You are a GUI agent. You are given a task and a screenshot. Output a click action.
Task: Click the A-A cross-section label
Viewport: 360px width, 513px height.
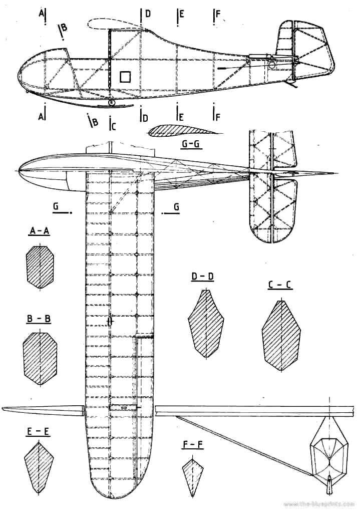[39, 231]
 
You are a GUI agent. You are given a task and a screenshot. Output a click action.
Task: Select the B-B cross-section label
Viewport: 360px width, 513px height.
[39, 319]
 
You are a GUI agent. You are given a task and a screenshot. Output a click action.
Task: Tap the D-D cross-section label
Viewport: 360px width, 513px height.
[203, 277]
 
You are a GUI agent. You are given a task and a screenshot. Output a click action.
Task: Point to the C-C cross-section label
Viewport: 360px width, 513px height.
[280, 285]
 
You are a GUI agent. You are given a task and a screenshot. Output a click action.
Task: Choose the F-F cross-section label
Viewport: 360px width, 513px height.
[193, 444]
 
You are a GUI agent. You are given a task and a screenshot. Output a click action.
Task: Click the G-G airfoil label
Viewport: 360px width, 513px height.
[191, 144]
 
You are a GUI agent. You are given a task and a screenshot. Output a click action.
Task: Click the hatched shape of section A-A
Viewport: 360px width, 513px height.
[40, 267]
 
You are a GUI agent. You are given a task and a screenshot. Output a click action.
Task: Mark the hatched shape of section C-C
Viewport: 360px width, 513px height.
[281, 336]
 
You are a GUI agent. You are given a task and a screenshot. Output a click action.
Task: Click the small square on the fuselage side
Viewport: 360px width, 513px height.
[125, 76]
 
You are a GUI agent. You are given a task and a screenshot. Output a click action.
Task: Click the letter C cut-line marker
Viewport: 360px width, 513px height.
[113, 125]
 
